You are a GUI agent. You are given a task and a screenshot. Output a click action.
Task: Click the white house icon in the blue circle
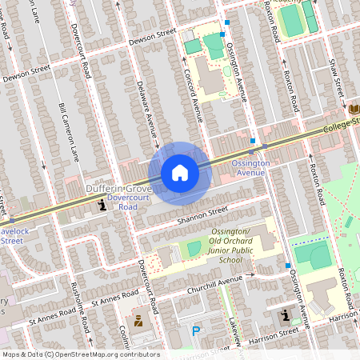coord(180,172)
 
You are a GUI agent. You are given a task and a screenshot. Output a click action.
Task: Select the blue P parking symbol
coord(196,330)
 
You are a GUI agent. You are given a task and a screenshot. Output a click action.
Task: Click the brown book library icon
coord(354,108)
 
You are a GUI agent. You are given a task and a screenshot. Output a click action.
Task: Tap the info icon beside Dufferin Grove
coord(102,206)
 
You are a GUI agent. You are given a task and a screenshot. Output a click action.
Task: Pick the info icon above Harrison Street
coord(286,318)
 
